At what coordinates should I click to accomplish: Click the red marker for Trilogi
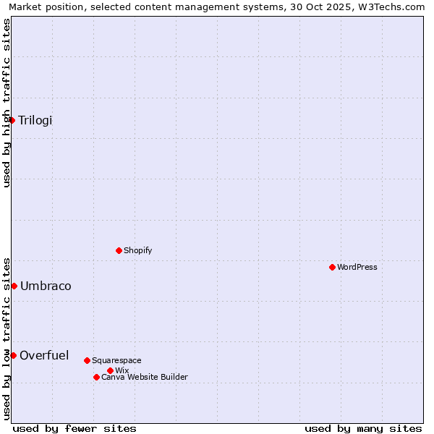12,120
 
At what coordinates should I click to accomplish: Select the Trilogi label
35,120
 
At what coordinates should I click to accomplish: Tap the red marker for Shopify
119,250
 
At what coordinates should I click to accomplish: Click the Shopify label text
137,250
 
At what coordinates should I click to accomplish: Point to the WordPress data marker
332,267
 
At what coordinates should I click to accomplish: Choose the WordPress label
357,267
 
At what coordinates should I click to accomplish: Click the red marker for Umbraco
14,286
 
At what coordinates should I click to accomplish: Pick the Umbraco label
46,286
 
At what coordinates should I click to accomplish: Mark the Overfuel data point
13,355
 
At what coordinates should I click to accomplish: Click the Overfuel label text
44,355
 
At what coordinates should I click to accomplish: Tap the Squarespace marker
87,360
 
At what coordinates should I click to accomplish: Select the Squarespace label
116,360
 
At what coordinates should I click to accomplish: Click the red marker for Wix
110,370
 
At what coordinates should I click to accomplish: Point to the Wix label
122,370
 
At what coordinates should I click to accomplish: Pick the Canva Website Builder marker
96,377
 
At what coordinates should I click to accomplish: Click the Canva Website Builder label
144,377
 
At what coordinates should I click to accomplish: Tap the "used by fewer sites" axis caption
75,428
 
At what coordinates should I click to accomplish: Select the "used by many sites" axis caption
363,428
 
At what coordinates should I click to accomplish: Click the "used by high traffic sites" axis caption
7,103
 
